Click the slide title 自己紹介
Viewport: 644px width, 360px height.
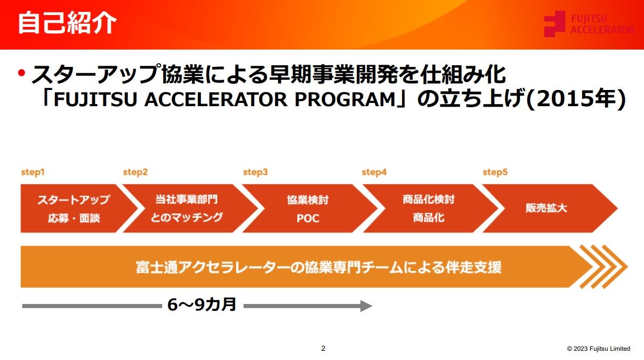pyautogui.click(x=67, y=24)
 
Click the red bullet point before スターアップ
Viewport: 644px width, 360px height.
pyautogui.click(x=22, y=73)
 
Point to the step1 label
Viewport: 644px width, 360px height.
pyautogui.click(x=32, y=172)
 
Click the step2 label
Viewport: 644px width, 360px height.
pyautogui.click(x=135, y=172)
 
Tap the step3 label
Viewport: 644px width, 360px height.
pyautogui.click(x=255, y=172)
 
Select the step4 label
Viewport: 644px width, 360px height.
pyautogui.click(x=374, y=172)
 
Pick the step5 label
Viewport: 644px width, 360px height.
pyautogui.click(x=495, y=172)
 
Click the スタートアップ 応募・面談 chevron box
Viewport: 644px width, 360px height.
pyautogui.click(x=73, y=209)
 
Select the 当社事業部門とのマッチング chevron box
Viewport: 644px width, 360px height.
pyautogui.click(x=186, y=209)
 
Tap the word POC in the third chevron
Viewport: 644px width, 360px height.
pyautogui.click(x=308, y=218)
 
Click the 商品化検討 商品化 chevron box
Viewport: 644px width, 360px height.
pyautogui.click(x=428, y=209)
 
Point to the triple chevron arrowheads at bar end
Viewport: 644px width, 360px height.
pyautogui.click(x=603, y=267)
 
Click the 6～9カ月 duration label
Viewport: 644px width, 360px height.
pyautogui.click(x=202, y=305)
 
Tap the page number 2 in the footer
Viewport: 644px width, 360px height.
pyautogui.click(x=323, y=348)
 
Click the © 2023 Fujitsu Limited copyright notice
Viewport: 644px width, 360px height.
pyautogui.click(x=598, y=349)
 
